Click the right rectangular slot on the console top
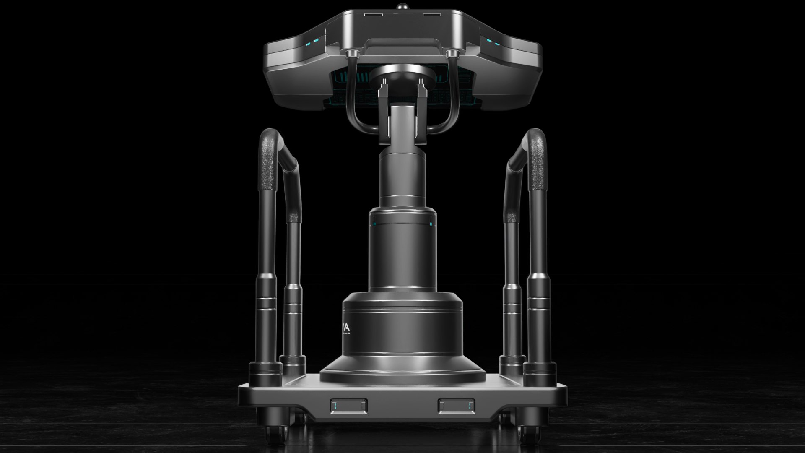(x=431, y=15)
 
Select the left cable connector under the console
(x=352, y=54)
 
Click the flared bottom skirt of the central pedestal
(x=402, y=369)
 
